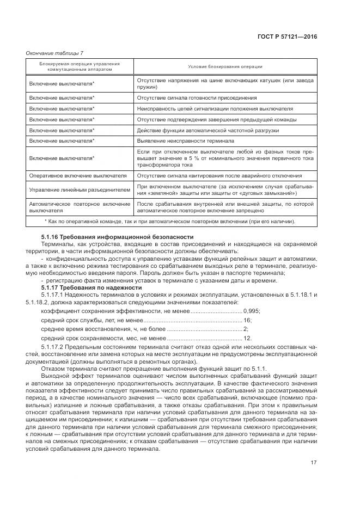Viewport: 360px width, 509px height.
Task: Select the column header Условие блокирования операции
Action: (225, 67)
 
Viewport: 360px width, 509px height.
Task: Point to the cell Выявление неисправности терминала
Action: (185, 140)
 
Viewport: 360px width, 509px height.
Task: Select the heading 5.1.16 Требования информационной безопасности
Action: (117, 237)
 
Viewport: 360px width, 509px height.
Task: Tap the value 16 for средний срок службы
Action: (247, 320)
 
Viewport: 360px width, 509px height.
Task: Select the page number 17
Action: (313, 463)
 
